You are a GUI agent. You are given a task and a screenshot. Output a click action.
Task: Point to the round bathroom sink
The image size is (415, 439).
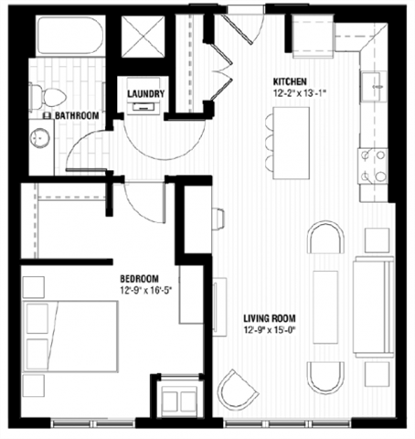click(x=40, y=139)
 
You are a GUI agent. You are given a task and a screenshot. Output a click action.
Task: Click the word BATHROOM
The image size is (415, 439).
click(x=77, y=116)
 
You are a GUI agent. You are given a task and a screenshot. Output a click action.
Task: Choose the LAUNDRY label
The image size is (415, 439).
click(x=145, y=93)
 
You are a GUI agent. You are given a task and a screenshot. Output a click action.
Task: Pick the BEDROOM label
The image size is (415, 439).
click(x=140, y=279)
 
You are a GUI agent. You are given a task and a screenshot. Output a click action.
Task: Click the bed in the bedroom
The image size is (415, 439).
click(x=73, y=333)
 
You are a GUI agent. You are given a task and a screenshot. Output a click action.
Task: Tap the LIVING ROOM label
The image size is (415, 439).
click(x=267, y=319)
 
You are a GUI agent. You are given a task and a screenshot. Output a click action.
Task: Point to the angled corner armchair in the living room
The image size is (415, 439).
click(x=241, y=391)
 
